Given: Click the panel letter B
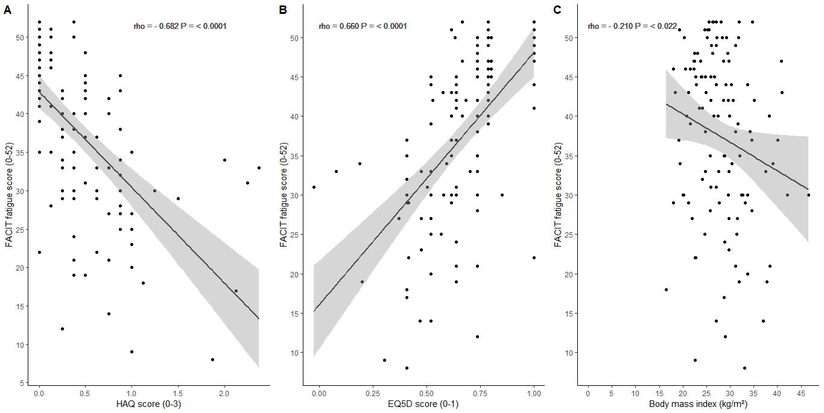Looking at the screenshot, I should tap(282, 10).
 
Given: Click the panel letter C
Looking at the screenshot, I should tap(557, 10).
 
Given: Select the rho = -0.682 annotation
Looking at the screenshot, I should tap(180, 27).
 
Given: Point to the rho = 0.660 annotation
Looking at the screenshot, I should tap(363, 26).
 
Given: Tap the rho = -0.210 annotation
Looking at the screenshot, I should tap(633, 26).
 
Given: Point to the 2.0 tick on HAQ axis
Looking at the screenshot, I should tap(224, 393).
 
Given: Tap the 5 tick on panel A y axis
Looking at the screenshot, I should tap(22, 383).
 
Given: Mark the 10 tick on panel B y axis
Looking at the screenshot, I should tap(296, 353).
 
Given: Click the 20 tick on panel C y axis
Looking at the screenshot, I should tap(570, 274).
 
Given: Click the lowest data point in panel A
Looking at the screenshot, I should tap(212, 359).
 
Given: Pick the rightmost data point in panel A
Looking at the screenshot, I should tap(258, 168).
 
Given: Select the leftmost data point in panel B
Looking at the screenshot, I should tap(314, 187).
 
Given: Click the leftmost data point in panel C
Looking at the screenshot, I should tap(666, 289).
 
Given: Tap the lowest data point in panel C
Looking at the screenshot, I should tap(744, 368).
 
